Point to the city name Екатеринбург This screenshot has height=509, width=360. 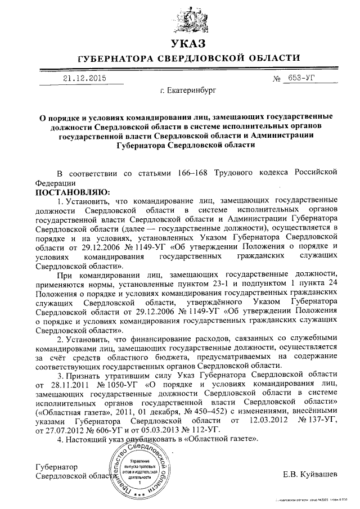[188, 90]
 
